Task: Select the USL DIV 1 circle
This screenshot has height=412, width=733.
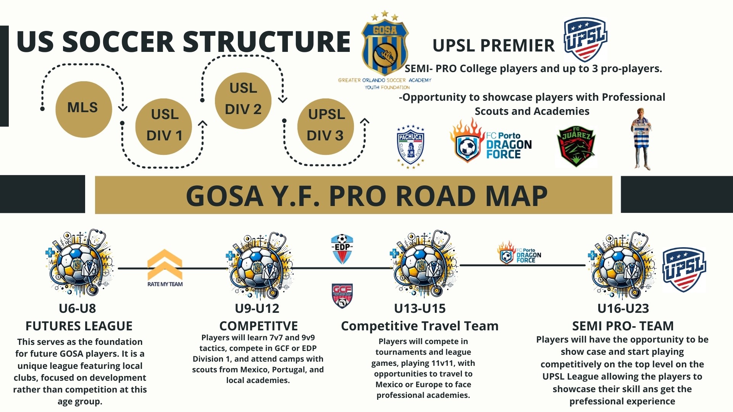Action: coord(164,126)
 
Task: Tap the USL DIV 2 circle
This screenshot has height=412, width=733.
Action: coord(243,100)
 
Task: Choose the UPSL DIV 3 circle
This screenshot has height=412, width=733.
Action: coord(326,126)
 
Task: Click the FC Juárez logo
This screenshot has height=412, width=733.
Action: coord(576,146)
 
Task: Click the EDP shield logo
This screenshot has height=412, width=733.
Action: coord(342,249)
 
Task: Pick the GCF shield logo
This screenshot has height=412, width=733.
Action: coord(342,296)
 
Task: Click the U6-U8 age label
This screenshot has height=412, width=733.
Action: coord(77,308)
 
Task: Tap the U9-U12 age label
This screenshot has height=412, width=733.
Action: coord(257,308)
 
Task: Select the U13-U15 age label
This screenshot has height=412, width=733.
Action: coord(420,308)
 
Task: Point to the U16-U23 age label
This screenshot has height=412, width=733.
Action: coord(623,308)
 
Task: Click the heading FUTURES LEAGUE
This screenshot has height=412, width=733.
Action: coord(79,326)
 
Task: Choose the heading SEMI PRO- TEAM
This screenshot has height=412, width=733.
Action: coord(623,326)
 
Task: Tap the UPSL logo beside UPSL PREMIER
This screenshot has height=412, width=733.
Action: coord(585,39)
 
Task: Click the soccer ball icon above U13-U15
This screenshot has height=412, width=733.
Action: coord(423,264)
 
